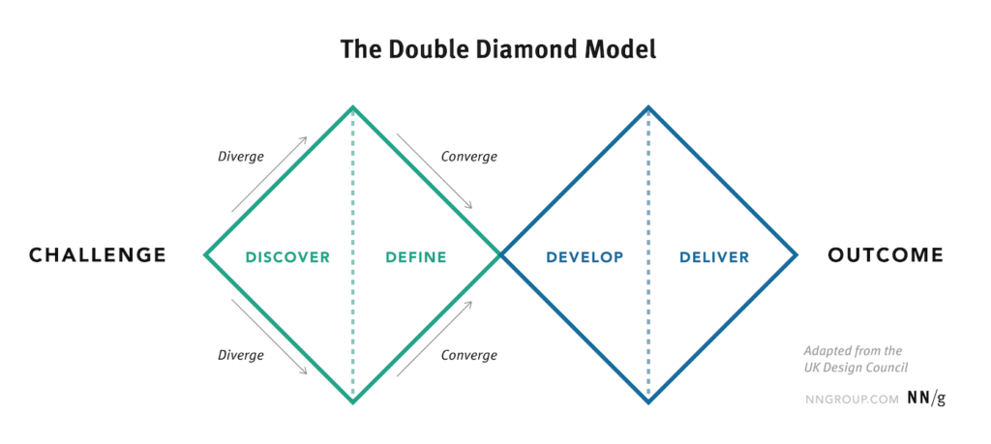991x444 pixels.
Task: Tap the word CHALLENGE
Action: [98, 255]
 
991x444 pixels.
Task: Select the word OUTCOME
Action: [885, 255]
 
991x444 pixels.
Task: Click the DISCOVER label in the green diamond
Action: [287, 257]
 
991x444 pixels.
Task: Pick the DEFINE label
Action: [415, 257]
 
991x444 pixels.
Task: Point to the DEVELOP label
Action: [584, 257]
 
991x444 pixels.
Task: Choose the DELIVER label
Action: [714, 257]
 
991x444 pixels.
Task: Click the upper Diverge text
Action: [240, 157]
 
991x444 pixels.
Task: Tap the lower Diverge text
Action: [240, 355]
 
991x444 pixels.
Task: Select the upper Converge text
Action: [468, 157]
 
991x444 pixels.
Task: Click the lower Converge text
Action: [468, 355]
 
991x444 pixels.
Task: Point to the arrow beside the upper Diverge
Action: [269, 173]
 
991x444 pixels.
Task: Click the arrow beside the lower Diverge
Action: [269, 338]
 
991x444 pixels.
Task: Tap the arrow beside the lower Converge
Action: [435, 338]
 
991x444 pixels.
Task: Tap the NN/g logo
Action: [926, 398]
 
